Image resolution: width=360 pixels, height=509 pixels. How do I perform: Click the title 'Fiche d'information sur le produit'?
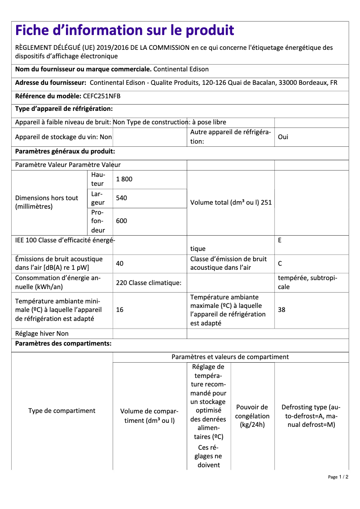tap(124, 30)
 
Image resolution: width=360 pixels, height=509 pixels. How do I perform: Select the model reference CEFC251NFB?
tap(101, 96)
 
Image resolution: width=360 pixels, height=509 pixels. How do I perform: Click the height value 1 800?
tap(124, 179)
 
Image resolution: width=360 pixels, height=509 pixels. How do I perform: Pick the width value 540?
tap(121, 197)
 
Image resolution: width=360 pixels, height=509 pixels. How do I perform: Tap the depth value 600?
tap(121, 220)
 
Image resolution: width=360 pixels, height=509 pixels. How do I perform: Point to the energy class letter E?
tap(280, 240)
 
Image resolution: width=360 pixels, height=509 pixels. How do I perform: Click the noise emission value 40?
tap(119, 263)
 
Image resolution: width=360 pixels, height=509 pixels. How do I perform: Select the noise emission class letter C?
tap(280, 263)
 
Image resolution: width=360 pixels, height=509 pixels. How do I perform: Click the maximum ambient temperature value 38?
tap(281, 310)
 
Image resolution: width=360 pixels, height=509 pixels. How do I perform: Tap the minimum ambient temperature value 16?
tap(119, 310)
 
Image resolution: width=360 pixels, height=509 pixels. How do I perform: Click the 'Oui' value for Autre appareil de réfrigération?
tap(283, 137)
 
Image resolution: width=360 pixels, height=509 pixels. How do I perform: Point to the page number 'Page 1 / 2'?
tap(338, 477)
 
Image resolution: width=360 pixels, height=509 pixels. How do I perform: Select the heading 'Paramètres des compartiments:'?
tap(63, 344)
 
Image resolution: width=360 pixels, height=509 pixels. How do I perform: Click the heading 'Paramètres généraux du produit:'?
tap(65, 152)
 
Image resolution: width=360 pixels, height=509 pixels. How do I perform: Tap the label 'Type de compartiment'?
tap(61, 411)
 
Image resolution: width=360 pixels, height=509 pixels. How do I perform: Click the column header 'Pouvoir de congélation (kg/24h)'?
tap(252, 416)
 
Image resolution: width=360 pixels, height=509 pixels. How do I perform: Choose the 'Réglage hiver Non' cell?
tap(42, 333)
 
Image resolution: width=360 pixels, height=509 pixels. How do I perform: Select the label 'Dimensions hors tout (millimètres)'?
tap(47, 202)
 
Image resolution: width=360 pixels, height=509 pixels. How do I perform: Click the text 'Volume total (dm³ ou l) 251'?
tap(231, 202)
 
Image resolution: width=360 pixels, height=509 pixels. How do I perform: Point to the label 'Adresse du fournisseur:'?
tap(51, 83)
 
